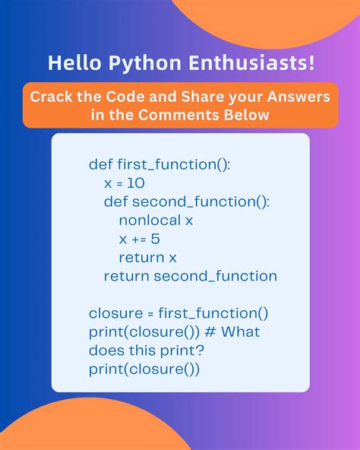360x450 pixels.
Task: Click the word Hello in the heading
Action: [x=71, y=64]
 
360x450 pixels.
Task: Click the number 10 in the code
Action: [x=136, y=184]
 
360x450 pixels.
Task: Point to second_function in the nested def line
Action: [x=194, y=202]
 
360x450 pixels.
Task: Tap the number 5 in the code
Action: [x=155, y=239]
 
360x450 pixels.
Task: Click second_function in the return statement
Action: [x=215, y=276]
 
